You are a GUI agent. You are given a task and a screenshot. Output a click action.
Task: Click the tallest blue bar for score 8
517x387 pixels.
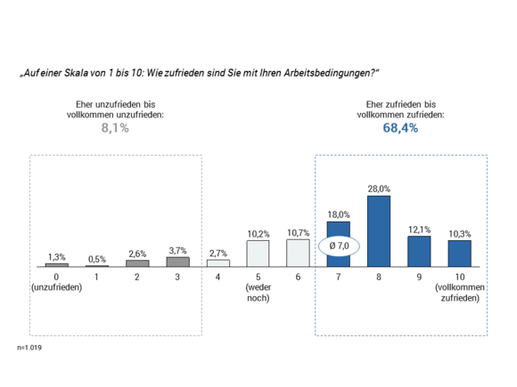tap(379, 231)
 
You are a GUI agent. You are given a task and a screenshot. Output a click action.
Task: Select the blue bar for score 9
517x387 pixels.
tap(419, 252)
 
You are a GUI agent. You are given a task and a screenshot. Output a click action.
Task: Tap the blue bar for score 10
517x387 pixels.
tap(460, 254)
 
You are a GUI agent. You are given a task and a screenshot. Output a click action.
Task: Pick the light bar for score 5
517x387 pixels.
tap(258, 254)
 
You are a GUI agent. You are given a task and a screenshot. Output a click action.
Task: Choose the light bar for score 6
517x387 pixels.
tap(298, 253)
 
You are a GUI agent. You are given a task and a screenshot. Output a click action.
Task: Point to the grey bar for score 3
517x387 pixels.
tap(177, 262)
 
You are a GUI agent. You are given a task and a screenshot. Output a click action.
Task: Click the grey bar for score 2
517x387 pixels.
tap(137, 263)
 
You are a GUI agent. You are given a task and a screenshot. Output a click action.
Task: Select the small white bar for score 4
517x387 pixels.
tap(218, 263)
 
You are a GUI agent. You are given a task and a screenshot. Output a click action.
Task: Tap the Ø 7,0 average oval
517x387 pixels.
tap(339, 246)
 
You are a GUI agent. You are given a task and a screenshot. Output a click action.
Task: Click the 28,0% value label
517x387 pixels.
tap(379, 189)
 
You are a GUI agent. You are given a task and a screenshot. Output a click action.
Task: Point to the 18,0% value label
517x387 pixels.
tap(339, 214)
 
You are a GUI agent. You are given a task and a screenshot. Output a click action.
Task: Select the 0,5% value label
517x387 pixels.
tap(97, 259)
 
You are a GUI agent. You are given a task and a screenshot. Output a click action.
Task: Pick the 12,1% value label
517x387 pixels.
tap(420, 230)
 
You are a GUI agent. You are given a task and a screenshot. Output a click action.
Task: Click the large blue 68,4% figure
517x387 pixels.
tap(400, 128)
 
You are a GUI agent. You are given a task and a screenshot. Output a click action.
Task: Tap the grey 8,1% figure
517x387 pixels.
tap(115, 128)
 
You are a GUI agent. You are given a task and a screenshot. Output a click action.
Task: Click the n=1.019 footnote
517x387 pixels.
tap(29, 348)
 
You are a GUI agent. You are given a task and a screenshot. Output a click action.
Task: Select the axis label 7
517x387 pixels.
tap(339, 277)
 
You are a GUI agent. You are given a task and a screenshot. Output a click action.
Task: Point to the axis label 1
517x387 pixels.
tap(96, 277)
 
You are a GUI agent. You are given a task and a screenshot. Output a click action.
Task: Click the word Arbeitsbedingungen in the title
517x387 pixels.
tap(330, 73)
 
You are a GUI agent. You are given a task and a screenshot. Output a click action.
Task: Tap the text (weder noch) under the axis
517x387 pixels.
tap(258, 293)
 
